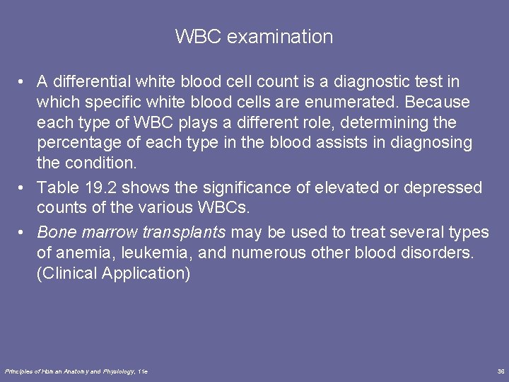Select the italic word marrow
coord(105,231)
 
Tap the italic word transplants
coord(185,231)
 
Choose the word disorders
coord(437,253)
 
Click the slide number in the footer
coord(501,371)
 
